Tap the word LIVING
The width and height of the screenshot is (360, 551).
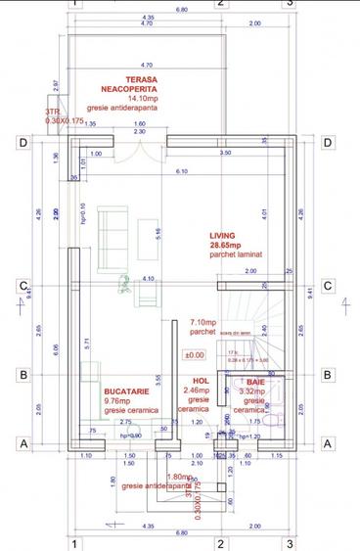(224, 236)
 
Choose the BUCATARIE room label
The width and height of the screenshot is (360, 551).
(126, 390)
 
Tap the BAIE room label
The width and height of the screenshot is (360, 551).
(254, 381)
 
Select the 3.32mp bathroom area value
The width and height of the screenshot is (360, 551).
(254, 390)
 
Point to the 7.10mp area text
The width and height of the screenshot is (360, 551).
(202, 321)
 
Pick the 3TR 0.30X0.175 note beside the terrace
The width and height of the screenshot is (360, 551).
(59, 116)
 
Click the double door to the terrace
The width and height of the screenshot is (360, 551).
(144, 153)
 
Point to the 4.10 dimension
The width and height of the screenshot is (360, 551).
(149, 279)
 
